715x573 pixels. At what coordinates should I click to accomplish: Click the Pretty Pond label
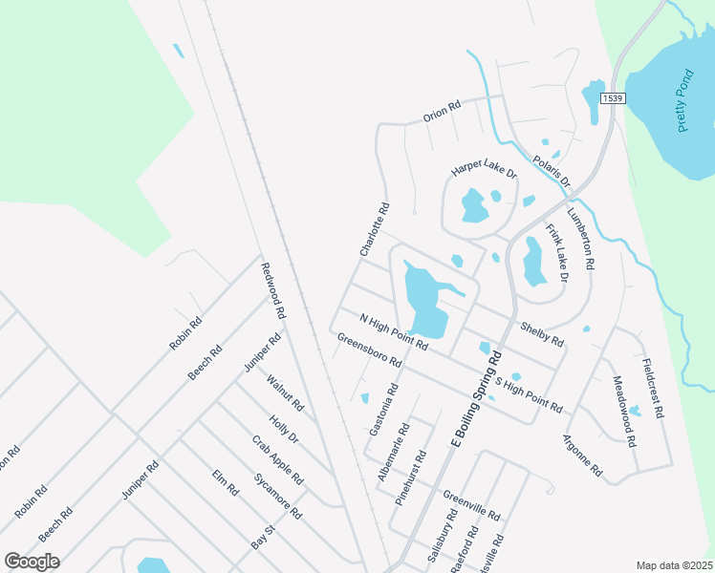(x=684, y=101)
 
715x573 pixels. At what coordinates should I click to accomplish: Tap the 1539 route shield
(x=613, y=97)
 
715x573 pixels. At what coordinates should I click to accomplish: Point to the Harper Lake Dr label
(x=484, y=172)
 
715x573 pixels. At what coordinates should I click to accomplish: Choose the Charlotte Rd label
(x=375, y=228)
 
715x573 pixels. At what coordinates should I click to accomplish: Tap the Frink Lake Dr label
(x=556, y=252)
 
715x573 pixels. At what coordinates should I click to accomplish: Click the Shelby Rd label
(x=541, y=333)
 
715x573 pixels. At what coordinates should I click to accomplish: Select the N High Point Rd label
(x=392, y=331)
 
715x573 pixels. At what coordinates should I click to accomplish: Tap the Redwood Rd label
(x=273, y=291)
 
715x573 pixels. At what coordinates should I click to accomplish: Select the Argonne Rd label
(x=583, y=456)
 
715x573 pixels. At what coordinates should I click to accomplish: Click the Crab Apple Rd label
(x=277, y=459)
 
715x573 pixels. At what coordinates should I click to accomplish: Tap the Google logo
(x=32, y=562)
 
